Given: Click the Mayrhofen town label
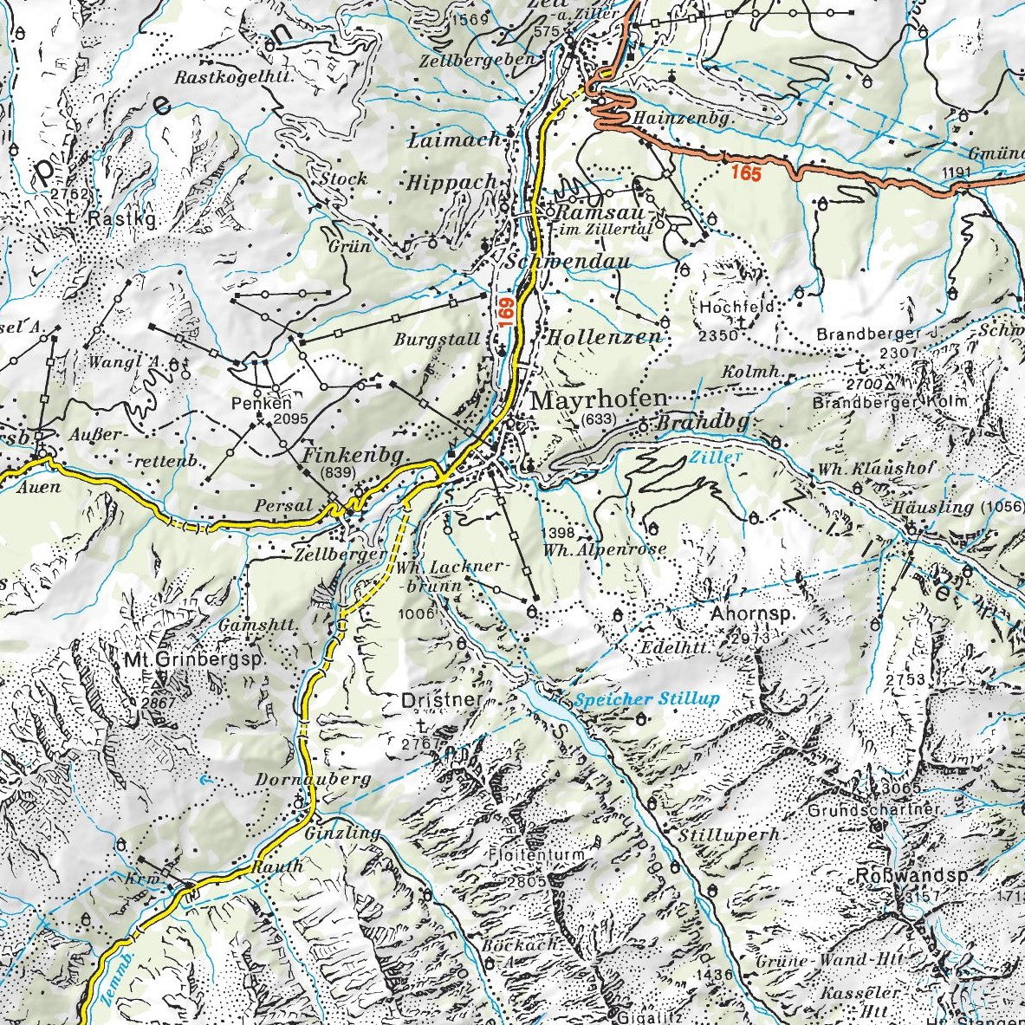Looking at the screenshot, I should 599,400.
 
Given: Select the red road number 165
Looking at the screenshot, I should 745,172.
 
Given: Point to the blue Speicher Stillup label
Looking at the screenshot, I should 645,698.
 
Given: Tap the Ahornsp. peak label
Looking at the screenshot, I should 752,614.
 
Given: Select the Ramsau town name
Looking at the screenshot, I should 590,212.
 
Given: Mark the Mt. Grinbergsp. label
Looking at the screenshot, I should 193,659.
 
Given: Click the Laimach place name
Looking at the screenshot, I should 454,139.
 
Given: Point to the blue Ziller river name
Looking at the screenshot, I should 705,455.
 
